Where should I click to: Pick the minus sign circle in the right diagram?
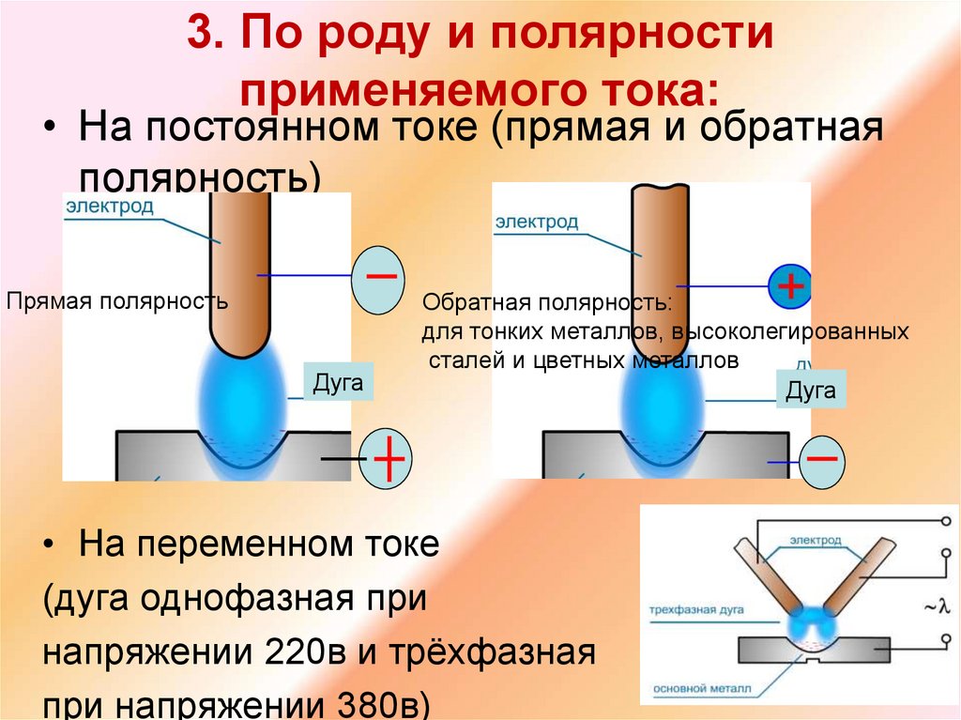(x=821, y=460)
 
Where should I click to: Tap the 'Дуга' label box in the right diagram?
(x=811, y=390)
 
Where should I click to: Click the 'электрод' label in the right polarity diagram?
(x=537, y=222)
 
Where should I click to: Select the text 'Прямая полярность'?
(x=118, y=301)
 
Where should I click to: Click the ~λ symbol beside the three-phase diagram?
(x=937, y=607)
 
